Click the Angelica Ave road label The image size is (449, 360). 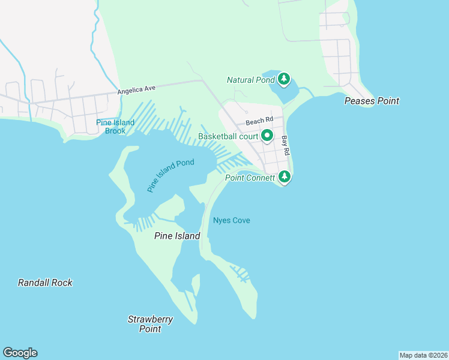coord(136,89)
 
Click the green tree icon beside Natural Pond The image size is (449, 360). coord(284,79)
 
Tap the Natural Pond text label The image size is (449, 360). coord(250,80)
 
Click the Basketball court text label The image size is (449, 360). coord(228,137)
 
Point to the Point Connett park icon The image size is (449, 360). coord(285,178)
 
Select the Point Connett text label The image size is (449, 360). coord(250,178)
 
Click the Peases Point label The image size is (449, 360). coord(372,101)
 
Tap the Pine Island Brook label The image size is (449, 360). coord(111,127)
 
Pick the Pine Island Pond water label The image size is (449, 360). coord(170,175)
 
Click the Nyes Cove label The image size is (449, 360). coord(231,221)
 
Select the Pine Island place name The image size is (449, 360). coord(177,236)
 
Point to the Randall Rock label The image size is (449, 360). coord(45,283)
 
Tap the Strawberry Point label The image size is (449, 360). coord(150,324)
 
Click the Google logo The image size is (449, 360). coord(20,353)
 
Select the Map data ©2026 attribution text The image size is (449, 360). coord(423,355)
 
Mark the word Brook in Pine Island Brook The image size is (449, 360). coord(115,131)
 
